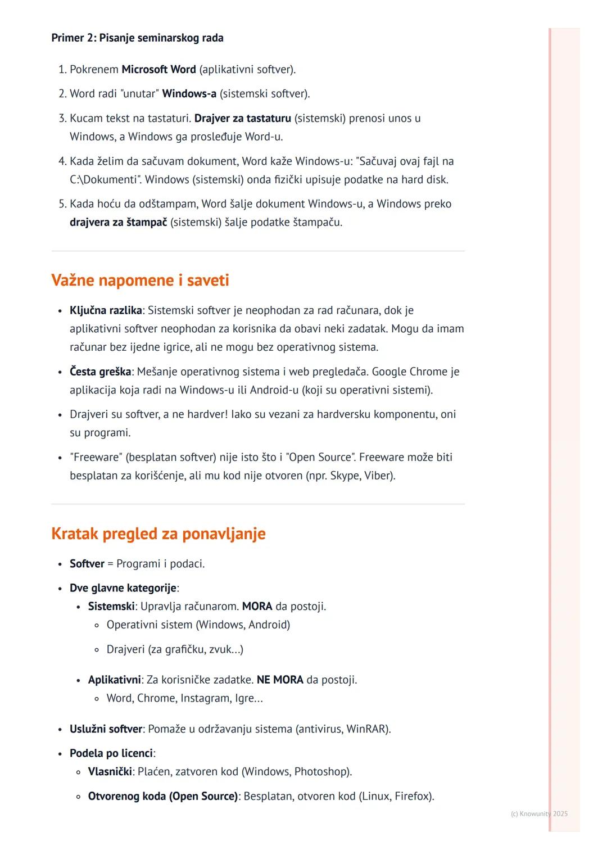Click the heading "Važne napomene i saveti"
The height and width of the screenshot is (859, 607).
[x=140, y=280]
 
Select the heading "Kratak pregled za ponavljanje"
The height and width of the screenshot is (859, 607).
[x=158, y=534]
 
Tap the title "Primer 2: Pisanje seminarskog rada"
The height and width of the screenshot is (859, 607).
[x=137, y=38]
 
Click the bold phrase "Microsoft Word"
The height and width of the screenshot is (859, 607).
[x=158, y=70]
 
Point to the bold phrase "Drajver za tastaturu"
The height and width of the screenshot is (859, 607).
[x=242, y=119]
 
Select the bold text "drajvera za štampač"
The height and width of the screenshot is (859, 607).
[x=118, y=223]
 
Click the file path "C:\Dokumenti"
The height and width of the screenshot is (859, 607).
[x=105, y=180]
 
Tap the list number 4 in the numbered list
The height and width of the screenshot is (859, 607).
[x=62, y=162]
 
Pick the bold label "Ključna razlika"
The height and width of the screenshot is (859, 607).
[x=106, y=311]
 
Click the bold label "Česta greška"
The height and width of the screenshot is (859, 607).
[x=100, y=372]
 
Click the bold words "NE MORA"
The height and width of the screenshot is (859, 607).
[x=280, y=680]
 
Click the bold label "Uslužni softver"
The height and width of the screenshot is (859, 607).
[x=106, y=729]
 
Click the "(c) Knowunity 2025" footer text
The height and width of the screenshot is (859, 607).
[x=539, y=814]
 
